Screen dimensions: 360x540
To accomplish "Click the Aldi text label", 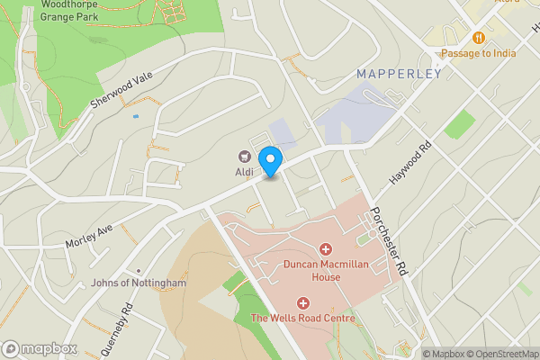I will (243, 172).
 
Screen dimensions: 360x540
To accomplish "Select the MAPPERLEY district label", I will (399, 74).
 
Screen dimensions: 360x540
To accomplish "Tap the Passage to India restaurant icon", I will (478, 38).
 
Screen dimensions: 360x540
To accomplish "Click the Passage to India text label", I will (478, 53).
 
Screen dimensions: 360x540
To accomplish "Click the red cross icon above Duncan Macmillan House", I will (325, 247).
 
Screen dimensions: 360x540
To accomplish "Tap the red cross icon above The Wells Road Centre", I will (303, 302).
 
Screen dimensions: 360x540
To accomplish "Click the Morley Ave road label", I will (88, 238).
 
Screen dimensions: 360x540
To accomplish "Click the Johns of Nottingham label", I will (139, 283).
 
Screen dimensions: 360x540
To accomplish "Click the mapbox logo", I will (39, 348).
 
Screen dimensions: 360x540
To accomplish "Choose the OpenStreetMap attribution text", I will (501, 354).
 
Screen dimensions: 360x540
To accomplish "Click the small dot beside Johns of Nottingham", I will (139, 270).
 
